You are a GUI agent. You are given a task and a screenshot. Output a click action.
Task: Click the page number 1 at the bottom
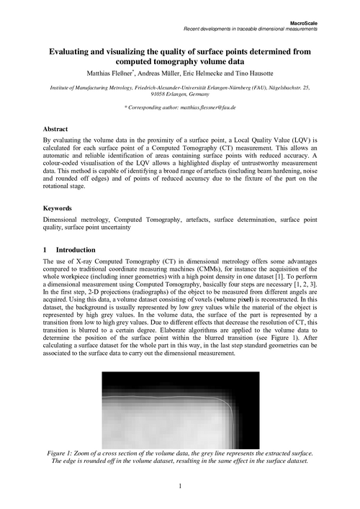pos(179,487)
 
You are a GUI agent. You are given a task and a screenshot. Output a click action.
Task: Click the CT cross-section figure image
pos(179,408)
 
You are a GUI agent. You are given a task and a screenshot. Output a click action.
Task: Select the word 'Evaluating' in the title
pos(74,52)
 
